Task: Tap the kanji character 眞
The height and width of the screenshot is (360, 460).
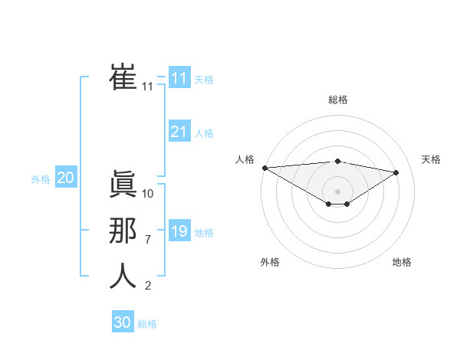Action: pos(123,185)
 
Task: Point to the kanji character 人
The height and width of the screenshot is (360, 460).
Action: pos(123,277)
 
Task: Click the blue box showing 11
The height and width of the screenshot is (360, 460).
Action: pos(179,77)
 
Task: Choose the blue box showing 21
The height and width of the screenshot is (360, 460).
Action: pos(179,132)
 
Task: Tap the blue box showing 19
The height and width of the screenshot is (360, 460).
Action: pos(179,231)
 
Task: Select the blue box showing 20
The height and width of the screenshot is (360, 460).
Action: pos(65,178)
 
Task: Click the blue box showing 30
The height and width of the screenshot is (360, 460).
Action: pos(122,322)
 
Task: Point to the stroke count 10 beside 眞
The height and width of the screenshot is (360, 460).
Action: pos(148,194)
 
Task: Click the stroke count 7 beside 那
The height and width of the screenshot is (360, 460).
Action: pos(148,240)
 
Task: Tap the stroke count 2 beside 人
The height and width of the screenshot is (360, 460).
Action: pos(148,286)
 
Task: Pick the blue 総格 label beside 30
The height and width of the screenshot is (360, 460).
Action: pos(147,324)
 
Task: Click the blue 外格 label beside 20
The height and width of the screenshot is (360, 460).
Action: pos(41,179)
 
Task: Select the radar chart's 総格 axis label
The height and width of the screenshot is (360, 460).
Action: pos(337,100)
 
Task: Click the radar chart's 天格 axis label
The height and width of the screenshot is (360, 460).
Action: pos(431,159)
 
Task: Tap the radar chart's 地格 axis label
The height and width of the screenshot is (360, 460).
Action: pos(402,262)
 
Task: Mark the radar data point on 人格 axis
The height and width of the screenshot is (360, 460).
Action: pos(264,168)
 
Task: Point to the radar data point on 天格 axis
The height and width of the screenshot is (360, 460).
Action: pos(396,172)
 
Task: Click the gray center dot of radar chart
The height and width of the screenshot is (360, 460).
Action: pos(337,191)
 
